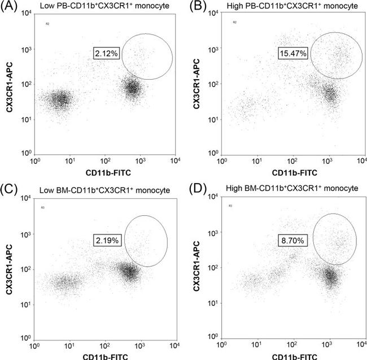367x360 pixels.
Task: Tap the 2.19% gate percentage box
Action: pyautogui.click(x=107, y=240)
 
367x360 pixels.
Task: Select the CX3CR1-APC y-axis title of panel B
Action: pyautogui.click(x=198, y=84)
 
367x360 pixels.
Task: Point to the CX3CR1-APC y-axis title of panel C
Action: pyautogui.click(x=12, y=270)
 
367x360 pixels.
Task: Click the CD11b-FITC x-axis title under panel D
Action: pyautogui.click(x=289, y=357)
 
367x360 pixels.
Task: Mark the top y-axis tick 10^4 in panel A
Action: pyautogui.click(x=27, y=15)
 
